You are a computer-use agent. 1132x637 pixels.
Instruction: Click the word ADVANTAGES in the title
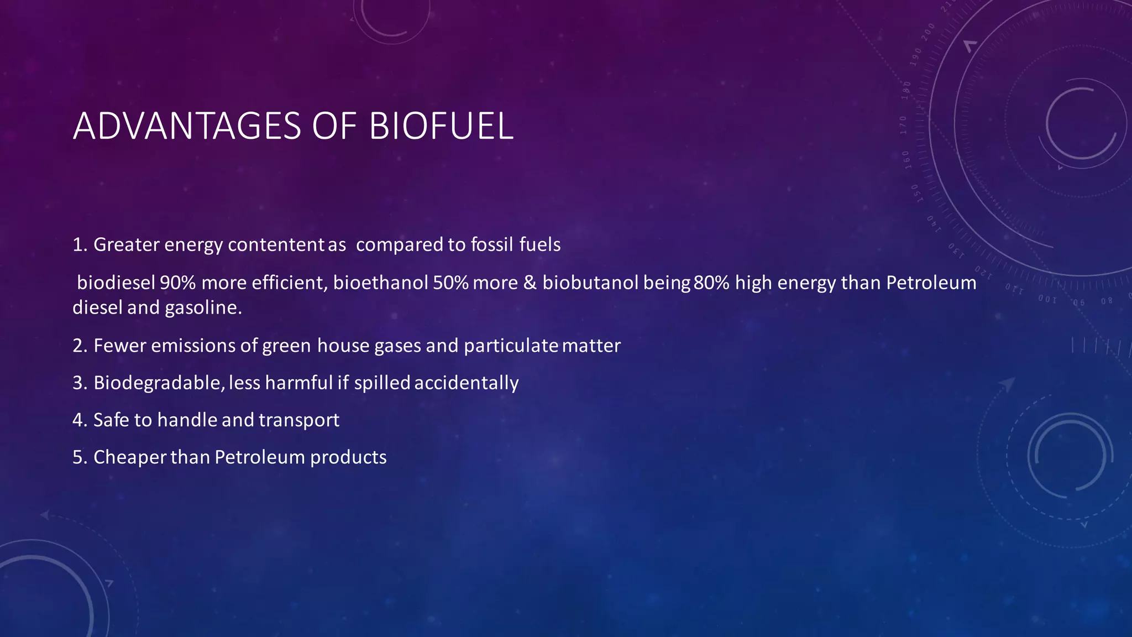tap(187, 127)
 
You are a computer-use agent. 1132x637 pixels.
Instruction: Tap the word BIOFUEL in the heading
tap(441, 127)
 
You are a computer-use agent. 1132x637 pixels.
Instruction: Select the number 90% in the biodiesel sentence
tap(177, 283)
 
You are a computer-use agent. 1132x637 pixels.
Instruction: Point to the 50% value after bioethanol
tap(450, 283)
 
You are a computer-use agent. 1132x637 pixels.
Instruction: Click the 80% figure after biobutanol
tap(711, 283)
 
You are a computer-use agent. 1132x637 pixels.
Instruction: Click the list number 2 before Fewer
tap(78, 346)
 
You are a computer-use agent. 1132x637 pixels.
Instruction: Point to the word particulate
tap(511, 346)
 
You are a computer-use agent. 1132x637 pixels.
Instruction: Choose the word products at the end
tap(348, 457)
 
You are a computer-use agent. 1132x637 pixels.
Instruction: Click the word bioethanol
tap(380, 283)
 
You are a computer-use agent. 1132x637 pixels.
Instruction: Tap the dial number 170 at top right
tap(903, 125)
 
